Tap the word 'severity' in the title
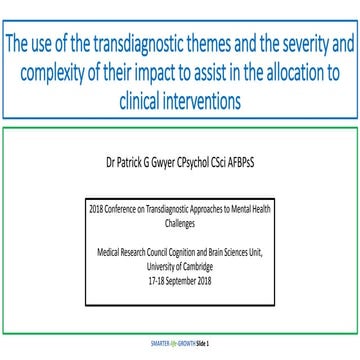(293, 46)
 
